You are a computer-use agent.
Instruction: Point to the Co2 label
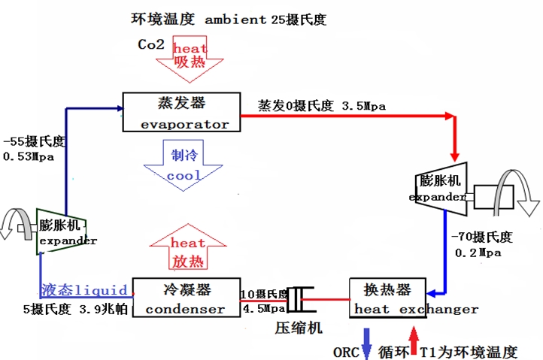tap(151, 44)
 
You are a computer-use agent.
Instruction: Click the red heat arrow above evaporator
tap(190, 59)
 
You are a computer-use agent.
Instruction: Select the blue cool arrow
tap(184, 165)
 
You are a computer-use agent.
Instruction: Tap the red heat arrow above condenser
tap(188, 247)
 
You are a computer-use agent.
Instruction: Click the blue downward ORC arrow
tap(366, 343)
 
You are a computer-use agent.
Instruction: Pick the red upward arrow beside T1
tap(414, 340)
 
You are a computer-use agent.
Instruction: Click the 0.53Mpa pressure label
tap(29, 157)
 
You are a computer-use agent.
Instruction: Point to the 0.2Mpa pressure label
tap(478, 253)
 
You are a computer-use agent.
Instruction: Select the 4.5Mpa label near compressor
tap(264, 308)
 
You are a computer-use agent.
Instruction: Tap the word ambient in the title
tap(235, 20)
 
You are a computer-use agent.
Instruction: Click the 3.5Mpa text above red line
tap(363, 106)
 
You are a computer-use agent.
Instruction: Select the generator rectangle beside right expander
tap(493, 197)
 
